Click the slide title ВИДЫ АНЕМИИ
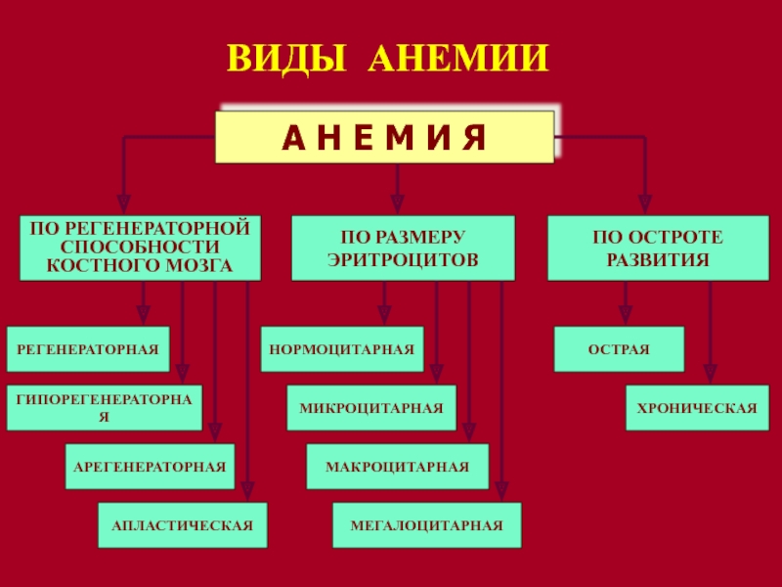pos(388,59)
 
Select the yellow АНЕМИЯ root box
pos(384,137)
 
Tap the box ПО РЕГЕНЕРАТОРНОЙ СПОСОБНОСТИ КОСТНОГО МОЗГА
pos(140,248)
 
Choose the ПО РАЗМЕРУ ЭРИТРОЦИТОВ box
pos(403,248)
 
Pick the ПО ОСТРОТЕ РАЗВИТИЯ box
pos(658,248)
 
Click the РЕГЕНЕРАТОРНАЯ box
pos(88,349)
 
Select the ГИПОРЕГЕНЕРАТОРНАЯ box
pos(105,407)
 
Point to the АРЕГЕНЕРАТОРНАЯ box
pos(150,467)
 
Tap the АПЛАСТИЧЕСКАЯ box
pos(183,525)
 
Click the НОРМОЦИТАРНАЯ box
pos(342,349)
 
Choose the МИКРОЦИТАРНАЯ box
pos(371,407)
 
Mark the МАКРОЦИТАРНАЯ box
pos(398,467)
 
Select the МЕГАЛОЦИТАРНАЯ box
pos(427,525)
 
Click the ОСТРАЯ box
pos(619,349)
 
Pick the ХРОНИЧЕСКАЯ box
pos(697,407)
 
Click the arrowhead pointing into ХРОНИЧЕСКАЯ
pos(711,375)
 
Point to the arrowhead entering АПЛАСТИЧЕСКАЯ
pos(248,492)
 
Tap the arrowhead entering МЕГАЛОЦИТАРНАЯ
pos(501,492)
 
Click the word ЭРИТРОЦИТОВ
pos(403,259)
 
